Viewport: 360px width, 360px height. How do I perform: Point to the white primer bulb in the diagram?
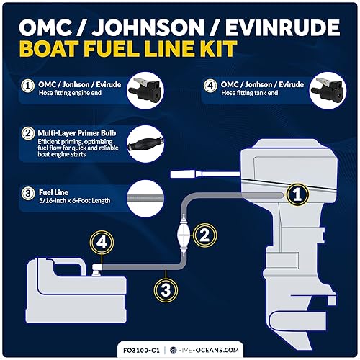pos(181,236)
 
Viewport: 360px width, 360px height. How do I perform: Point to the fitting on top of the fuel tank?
pos(96,269)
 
